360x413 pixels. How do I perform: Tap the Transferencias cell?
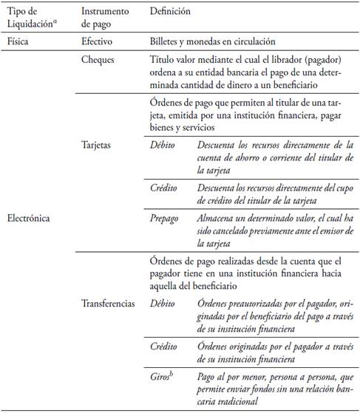point(108,304)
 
